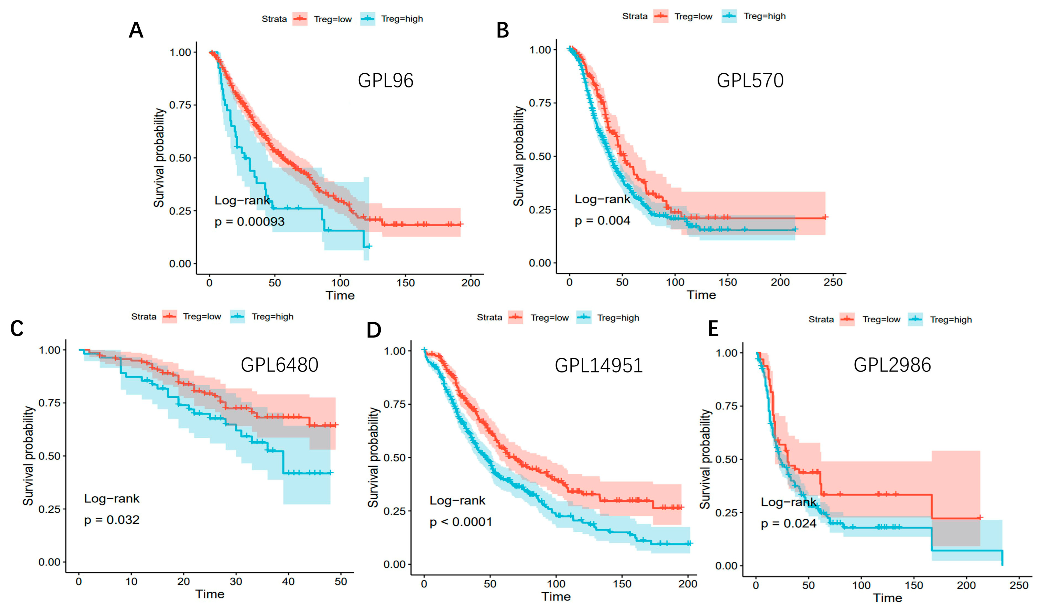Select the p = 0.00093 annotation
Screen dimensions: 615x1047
(x=249, y=222)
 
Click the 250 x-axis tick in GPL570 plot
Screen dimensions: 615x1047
(x=833, y=282)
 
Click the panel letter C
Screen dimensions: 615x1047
(x=17, y=329)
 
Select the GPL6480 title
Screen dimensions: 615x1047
(x=279, y=365)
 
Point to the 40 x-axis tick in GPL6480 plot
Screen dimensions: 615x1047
(x=288, y=581)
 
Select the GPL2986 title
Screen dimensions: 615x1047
(x=892, y=365)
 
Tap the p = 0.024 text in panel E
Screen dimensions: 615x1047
(x=788, y=523)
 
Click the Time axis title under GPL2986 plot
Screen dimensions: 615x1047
(x=887, y=598)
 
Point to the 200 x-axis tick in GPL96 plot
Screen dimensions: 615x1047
(x=470, y=283)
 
